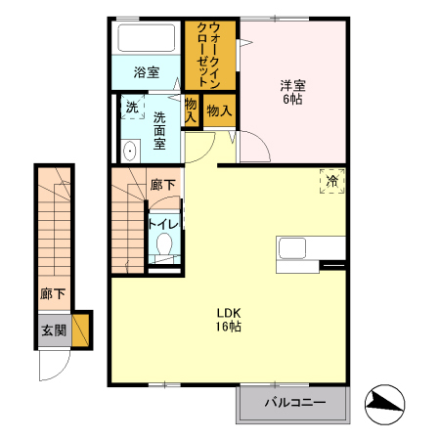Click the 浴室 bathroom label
146,71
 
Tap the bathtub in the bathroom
146,39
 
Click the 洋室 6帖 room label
292,91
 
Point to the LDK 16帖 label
229,320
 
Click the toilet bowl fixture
163,244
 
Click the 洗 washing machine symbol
131,109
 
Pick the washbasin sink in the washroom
130,150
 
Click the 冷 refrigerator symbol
332,181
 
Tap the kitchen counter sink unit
294,248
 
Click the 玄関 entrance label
53,330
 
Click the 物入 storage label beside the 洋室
219,110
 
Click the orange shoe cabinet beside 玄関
81,329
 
